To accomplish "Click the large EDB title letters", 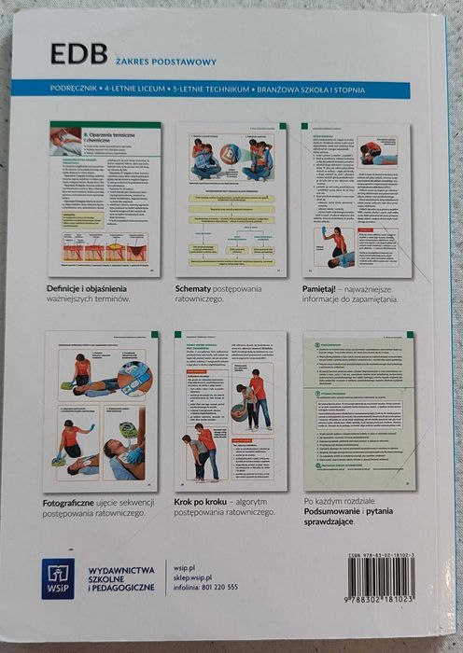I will [x=79, y=54].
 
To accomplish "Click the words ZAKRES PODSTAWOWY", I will [x=166, y=63].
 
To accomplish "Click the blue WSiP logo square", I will [x=58, y=578].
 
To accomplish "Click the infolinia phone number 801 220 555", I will [x=219, y=588].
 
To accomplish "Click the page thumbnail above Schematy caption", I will [x=231, y=201].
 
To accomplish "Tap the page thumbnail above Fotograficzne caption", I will [x=102, y=410].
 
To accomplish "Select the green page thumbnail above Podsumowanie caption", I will [x=359, y=410].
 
